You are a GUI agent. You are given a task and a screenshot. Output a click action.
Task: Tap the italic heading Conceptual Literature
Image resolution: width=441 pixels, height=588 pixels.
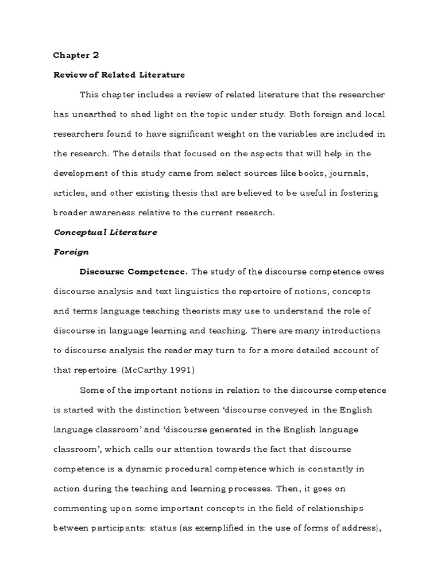(x=105, y=232)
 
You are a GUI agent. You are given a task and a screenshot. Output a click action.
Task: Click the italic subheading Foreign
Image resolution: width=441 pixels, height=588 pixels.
(x=71, y=252)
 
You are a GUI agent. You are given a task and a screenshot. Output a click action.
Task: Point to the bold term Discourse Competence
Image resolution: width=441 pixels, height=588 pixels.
(x=133, y=272)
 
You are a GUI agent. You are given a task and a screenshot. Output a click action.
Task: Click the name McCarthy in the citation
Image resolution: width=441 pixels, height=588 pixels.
(x=102, y=370)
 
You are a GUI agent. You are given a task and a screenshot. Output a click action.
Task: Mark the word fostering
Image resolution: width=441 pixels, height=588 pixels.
(x=366, y=193)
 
